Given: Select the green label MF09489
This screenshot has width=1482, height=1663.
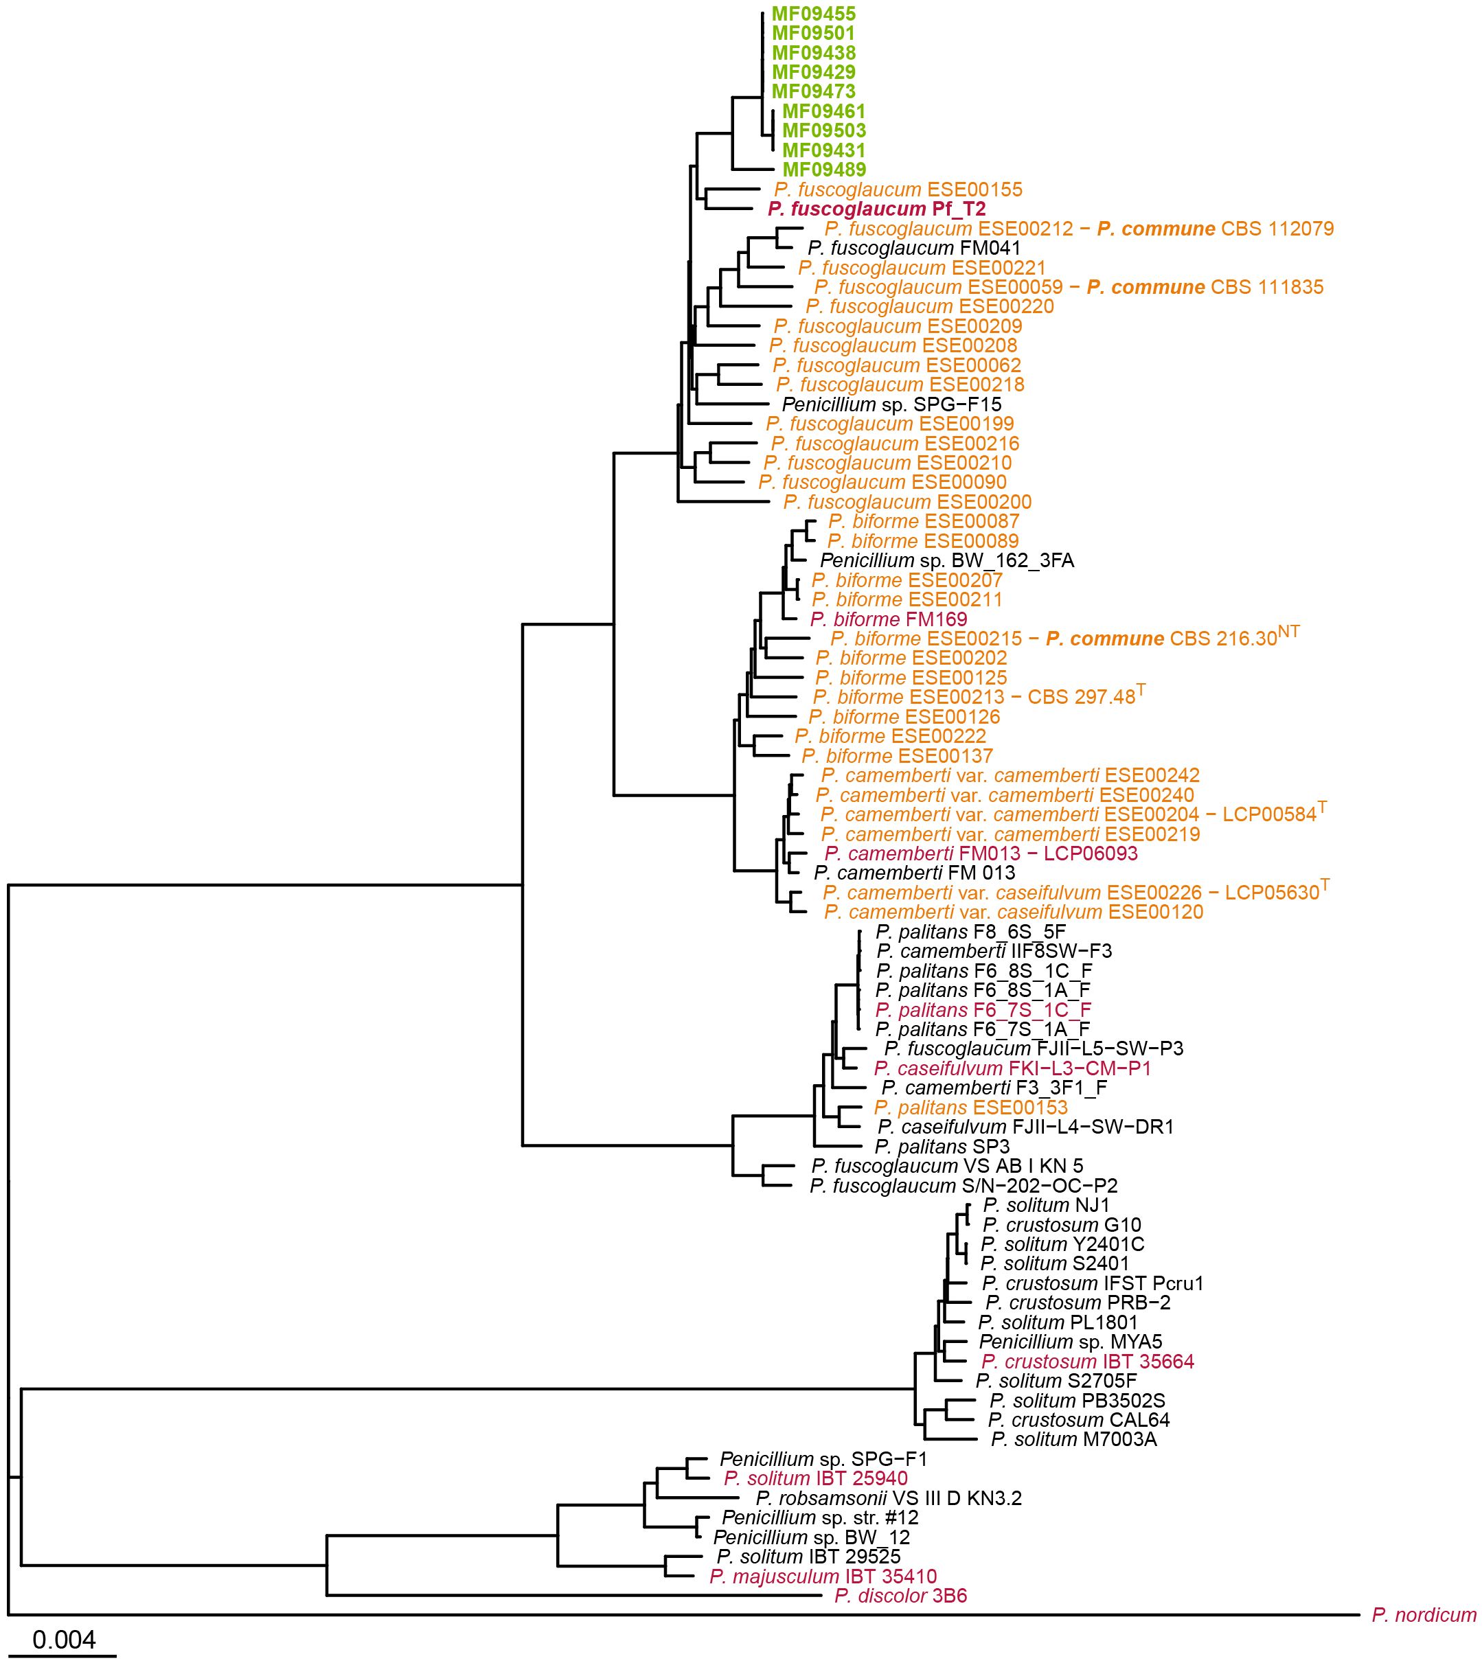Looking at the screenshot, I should coord(824,170).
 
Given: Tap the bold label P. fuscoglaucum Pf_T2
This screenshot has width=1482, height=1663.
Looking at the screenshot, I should coord(876,209).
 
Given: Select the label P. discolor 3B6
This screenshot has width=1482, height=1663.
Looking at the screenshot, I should coord(900,1596).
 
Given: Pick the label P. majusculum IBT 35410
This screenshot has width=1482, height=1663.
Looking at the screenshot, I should coord(823,1576).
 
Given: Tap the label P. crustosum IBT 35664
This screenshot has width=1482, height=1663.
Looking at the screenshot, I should coord(1087,1361).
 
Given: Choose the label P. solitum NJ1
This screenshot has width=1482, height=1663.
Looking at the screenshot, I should coord(1045,1205).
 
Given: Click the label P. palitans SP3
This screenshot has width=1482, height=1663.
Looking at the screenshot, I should coord(942,1146).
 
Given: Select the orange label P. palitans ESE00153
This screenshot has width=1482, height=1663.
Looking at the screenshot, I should coord(970,1107).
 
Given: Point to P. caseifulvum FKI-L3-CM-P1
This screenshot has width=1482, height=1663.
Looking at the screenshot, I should coord(1012,1068).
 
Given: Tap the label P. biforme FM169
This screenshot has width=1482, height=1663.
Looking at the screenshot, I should coord(889,619).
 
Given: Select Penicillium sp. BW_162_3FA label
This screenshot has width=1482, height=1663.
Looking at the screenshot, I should coord(946,561).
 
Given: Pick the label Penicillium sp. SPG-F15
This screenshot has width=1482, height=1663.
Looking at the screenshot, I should coord(891,404).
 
